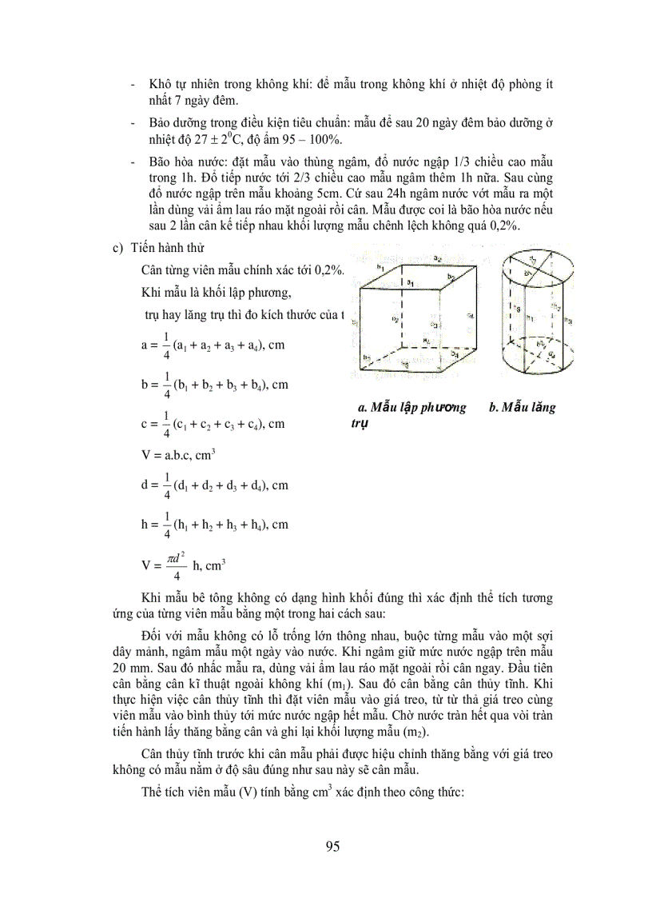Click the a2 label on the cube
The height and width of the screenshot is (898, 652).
coord(437,258)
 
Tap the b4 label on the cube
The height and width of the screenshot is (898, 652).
coord(455,353)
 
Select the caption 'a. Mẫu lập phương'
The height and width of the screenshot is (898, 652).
coord(412,408)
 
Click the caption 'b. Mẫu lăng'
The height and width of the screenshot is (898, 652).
coord(522,408)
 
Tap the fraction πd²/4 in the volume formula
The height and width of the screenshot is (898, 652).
coord(176,565)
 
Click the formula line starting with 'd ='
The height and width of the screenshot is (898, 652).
coord(214,485)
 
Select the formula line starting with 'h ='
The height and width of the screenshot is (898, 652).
coord(214,525)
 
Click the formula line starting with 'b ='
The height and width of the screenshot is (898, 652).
coord(214,385)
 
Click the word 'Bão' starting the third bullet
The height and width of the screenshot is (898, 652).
coord(162,162)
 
